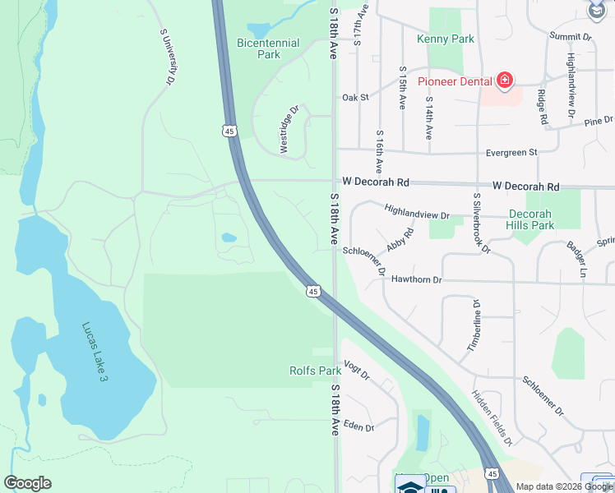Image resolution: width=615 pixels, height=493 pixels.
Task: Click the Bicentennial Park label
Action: click(269, 48)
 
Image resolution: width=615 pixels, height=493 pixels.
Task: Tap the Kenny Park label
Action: click(445, 39)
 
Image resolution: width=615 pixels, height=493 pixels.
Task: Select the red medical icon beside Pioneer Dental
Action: click(504, 81)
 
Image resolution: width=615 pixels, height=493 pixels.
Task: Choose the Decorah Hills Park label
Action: click(553, 219)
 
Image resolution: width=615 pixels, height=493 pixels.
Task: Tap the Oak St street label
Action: click(355, 97)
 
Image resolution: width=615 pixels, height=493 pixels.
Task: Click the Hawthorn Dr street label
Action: click(415, 279)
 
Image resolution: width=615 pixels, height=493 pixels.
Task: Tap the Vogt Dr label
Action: click(358, 371)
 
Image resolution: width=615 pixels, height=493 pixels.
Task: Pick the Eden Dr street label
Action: click(358, 427)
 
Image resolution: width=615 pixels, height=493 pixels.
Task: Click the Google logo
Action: click(27, 483)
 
